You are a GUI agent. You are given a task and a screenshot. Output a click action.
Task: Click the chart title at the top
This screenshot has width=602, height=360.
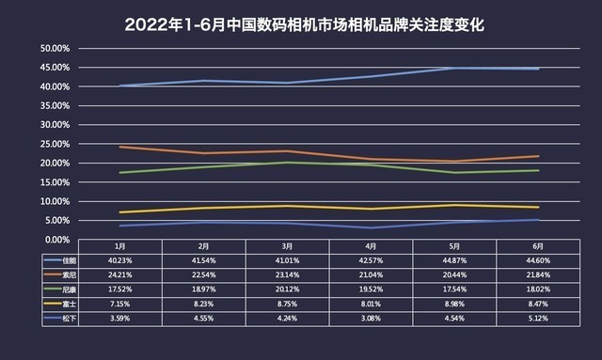pos(300,22)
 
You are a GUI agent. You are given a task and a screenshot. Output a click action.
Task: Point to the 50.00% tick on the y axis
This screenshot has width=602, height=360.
pos(54,48)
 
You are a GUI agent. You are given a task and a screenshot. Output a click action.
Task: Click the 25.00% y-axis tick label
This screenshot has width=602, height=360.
pos(54,144)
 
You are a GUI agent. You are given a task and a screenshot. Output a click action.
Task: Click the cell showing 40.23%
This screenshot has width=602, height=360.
pos(112,258)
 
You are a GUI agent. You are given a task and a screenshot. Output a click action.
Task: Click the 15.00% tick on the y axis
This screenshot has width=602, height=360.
pos(54,182)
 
